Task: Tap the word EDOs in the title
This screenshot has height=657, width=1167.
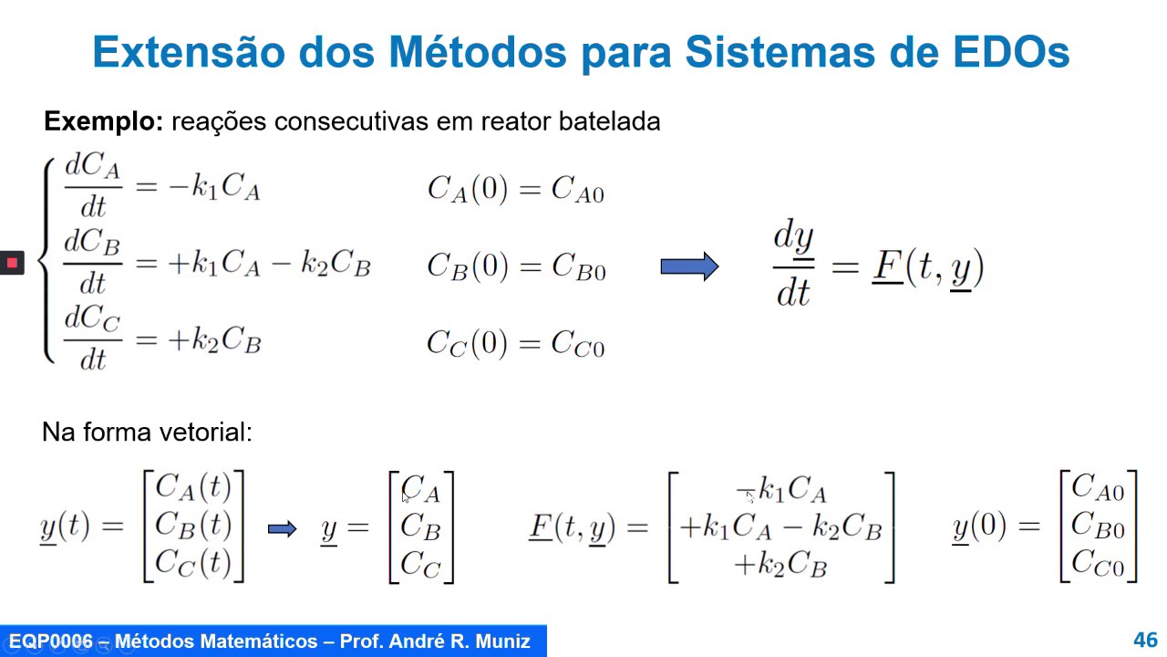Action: (x=1011, y=52)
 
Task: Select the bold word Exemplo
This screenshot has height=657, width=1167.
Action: (x=104, y=121)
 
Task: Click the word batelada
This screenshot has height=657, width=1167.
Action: (x=609, y=121)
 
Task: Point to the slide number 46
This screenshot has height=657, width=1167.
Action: (x=1145, y=640)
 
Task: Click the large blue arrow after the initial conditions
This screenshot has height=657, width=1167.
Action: (x=690, y=266)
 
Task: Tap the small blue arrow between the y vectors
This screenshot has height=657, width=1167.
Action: (x=282, y=529)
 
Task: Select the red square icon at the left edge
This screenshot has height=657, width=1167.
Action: (x=12, y=262)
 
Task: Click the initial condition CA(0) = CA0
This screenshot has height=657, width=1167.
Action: (x=516, y=189)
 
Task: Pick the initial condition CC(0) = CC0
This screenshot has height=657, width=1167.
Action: (x=516, y=344)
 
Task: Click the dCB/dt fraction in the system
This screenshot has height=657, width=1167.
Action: (x=92, y=263)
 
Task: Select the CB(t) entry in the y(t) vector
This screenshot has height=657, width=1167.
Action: (x=193, y=525)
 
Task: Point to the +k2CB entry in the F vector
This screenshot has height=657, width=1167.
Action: (x=780, y=565)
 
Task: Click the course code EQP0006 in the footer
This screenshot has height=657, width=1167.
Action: (x=50, y=641)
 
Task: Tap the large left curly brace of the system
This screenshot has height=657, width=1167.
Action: (x=46, y=260)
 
